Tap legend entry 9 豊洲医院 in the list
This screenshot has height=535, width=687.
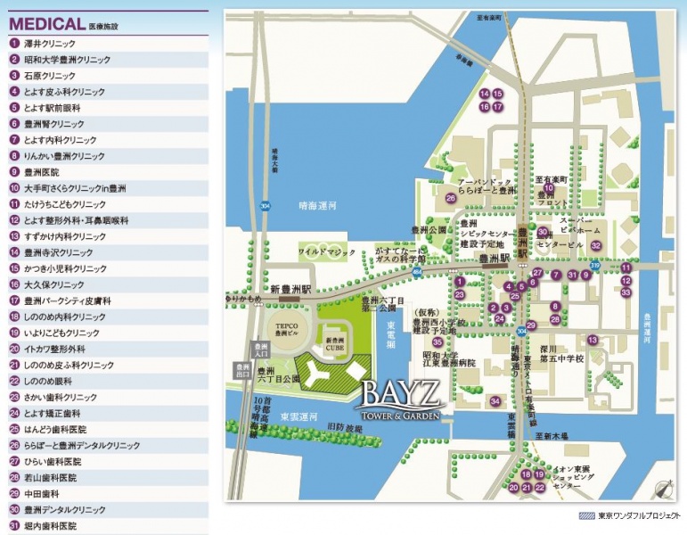(41, 171)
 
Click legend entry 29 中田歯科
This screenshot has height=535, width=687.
(41, 493)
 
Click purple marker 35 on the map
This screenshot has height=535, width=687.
(438, 342)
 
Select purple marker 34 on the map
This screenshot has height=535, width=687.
(495, 401)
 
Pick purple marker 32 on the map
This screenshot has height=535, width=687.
(596, 245)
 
